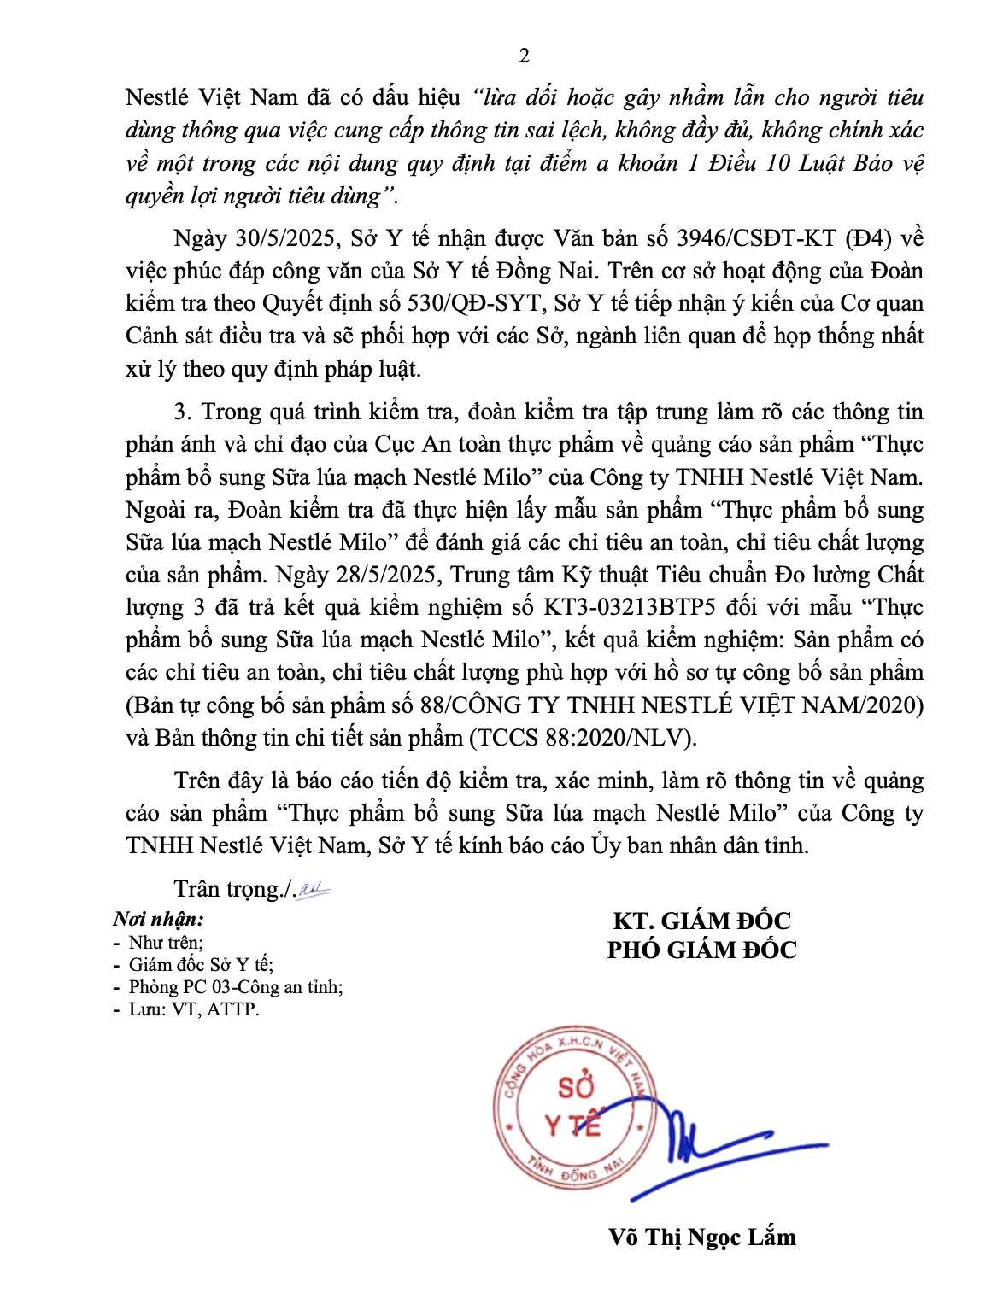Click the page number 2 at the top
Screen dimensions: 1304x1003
(524, 56)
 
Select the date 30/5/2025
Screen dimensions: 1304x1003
(287, 238)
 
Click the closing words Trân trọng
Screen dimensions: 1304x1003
(226, 890)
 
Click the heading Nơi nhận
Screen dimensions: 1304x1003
(159, 920)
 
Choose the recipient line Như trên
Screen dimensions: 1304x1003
(166, 943)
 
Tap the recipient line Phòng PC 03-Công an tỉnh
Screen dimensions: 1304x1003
(236, 987)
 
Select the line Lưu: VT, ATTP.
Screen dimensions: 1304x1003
(193, 1009)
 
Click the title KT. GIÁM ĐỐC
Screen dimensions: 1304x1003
(701, 921)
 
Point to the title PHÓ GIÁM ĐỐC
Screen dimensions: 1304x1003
(701, 950)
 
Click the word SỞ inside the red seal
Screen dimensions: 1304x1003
(575, 1087)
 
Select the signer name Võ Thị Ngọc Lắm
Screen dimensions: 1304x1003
(701, 1237)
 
